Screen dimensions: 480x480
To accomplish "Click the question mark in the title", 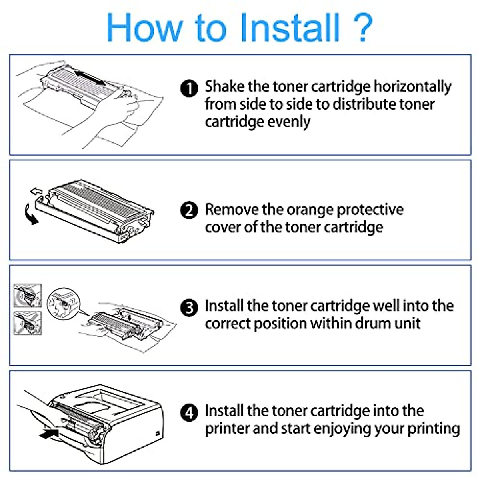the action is point(362,28).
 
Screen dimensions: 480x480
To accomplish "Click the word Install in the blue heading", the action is point(290,28).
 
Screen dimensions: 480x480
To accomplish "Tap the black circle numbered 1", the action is point(189,88).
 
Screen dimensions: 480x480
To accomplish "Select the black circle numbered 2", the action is point(189,210).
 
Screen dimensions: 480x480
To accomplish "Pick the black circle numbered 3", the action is point(189,308).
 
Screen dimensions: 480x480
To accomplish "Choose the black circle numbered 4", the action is point(189,412).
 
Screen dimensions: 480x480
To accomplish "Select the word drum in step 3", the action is point(371,323).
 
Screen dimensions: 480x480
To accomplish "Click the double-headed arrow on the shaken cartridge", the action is point(90,78).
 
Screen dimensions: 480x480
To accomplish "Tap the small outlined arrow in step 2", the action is point(36,191).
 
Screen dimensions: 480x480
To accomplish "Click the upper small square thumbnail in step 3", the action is point(28,296).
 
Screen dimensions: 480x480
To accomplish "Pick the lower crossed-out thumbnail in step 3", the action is point(28,323).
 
